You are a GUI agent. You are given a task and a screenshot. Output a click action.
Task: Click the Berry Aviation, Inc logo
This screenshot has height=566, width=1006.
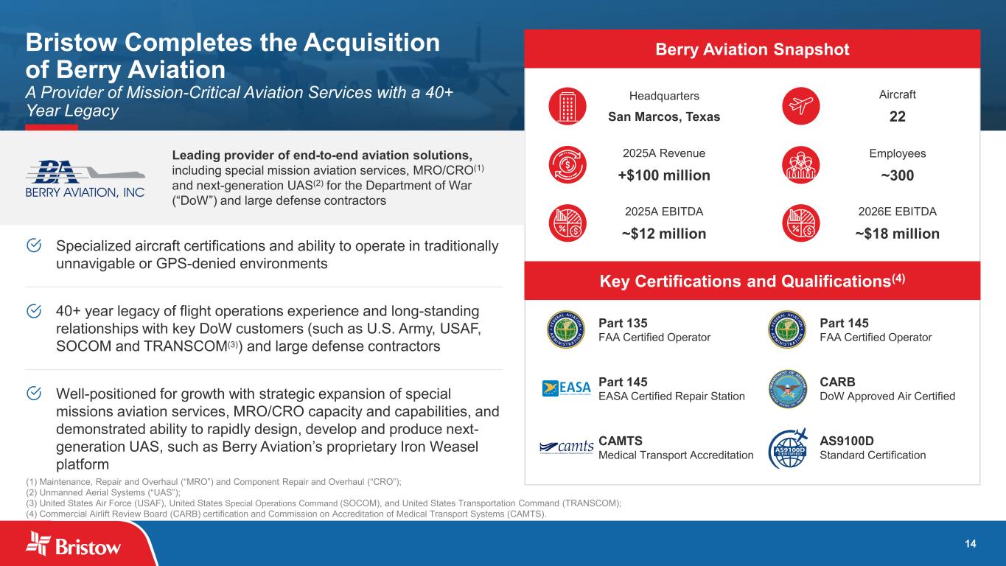click(85, 179)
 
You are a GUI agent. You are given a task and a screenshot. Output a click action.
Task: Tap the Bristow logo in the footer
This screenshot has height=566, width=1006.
click(73, 544)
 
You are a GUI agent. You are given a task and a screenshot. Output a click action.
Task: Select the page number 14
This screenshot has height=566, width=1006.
click(970, 544)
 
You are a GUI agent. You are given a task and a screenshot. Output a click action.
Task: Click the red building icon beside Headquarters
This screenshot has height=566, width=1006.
click(567, 106)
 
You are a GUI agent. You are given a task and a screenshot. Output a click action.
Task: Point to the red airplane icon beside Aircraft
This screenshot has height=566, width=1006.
click(801, 106)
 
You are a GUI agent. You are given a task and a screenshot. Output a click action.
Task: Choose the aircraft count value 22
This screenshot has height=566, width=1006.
click(898, 116)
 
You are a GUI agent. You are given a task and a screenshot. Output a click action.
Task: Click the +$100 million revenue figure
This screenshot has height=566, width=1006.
click(664, 175)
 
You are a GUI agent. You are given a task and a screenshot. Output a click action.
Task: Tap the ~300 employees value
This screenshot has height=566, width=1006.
click(898, 175)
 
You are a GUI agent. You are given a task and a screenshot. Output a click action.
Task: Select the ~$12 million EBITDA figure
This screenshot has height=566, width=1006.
click(664, 234)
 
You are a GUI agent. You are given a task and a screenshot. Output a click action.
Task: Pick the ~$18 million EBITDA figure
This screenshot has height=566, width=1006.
click(898, 234)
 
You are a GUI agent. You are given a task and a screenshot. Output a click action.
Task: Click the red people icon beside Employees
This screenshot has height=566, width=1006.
click(801, 165)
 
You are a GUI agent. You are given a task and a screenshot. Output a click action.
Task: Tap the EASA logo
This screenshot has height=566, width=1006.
click(566, 388)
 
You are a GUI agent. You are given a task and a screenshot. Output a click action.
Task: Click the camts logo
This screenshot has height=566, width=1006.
click(566, 447)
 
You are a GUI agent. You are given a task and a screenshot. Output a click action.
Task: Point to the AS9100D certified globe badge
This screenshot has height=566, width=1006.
click(788, 448)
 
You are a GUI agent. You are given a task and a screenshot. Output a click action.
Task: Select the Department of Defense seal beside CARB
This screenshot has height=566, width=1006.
click(787, 389)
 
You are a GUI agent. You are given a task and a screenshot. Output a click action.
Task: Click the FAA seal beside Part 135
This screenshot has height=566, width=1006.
click(566, 329)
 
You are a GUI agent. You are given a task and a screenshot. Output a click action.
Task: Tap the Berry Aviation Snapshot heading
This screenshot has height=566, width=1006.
click(752, 49)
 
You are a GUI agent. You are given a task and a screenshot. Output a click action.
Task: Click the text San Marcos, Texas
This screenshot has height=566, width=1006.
click(664, 116)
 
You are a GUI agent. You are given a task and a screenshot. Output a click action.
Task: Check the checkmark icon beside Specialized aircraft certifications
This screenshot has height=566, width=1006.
click(34, 245)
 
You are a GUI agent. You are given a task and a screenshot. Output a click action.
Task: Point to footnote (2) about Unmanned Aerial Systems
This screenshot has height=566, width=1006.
click(103, 492)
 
